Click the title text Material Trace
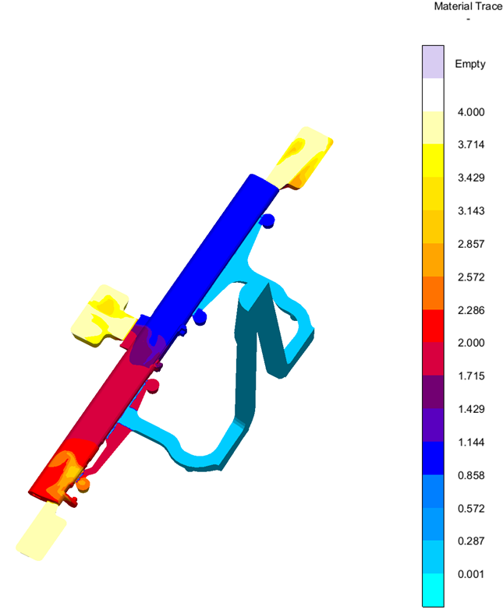(468, 7)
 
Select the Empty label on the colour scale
(470, 64)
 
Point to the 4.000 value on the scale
(470, 112)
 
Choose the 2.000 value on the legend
(470, 343)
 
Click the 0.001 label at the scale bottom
(470, 574)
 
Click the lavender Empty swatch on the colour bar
(432, 61)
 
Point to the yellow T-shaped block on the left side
(101, 316)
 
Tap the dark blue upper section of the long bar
(211, 249)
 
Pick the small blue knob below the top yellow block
(267, 220)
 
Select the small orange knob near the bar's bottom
(83, 485)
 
